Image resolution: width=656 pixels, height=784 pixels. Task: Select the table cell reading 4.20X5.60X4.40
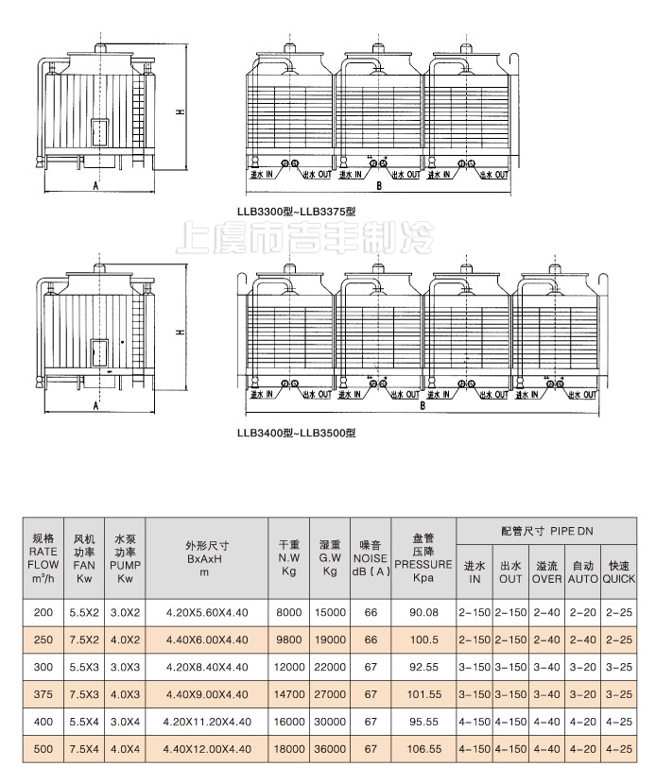[x=207, y=612]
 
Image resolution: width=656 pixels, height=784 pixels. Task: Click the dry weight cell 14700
[x=289, y=694]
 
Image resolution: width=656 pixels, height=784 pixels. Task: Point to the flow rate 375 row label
[x=43, y=694]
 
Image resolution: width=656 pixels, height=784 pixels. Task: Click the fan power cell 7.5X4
[x=84, y=749]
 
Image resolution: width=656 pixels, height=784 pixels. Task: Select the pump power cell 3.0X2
[x=125, y=612]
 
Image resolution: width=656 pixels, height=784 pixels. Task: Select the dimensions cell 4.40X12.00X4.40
[x=207, y=749]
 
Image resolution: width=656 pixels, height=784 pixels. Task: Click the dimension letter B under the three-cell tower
[x=378, y=187]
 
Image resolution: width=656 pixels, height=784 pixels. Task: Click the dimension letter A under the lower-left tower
[x=95, y=406]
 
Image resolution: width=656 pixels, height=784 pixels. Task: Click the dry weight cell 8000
[x=289, y=612]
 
